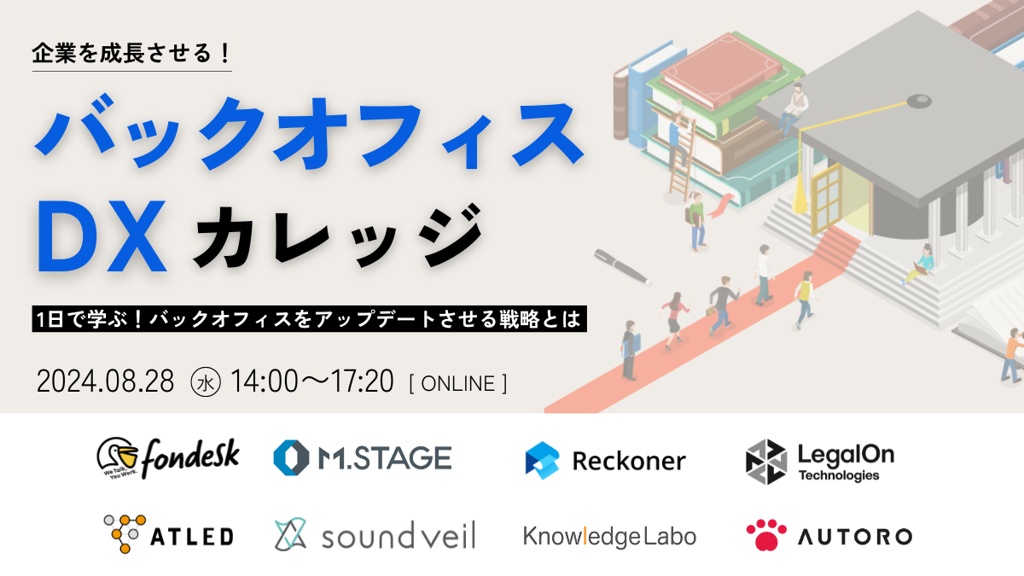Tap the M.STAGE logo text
385,458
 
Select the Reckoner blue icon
542,460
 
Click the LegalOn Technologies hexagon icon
766,462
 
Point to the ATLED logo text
192,537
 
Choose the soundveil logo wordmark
399,535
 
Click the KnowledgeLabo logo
609,536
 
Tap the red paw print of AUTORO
766,534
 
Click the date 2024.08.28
106,381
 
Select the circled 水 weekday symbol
206,382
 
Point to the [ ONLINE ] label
458,383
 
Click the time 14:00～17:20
312,381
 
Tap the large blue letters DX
102,236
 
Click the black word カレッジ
337,236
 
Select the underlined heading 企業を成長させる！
131,54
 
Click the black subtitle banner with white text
310,318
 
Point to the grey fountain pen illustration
623,267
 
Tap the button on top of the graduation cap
919,101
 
